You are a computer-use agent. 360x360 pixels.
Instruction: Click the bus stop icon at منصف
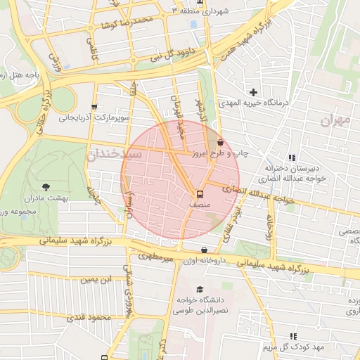pyautogui.click(x=200, y=193)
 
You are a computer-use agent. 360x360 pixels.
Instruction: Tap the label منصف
pyautogui.click(x=200, y=204)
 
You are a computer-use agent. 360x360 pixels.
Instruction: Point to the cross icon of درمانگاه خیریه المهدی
pyautogui.click(x=253, y=92)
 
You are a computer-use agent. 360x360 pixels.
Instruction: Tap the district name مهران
pyautogui.click(x=335, y=121)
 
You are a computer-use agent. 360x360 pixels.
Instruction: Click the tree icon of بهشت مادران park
pyautogui.click(x=46, y=187)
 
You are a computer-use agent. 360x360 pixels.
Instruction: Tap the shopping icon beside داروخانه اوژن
pyautogui.click(x=204, y=250)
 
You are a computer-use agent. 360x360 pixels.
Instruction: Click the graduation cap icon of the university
pyautogui.click(x=200, y=289)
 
